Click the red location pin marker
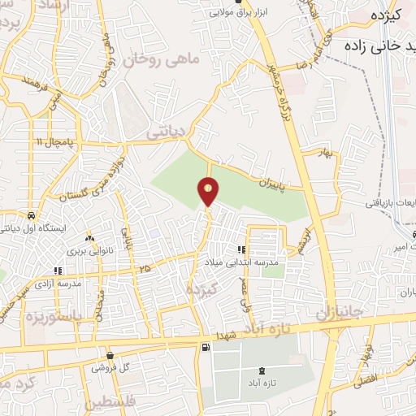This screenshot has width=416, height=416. coord(209,192)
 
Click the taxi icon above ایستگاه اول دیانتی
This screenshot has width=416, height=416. coord(31,217)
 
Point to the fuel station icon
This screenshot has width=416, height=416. coord(205,348)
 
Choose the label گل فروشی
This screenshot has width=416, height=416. coord(110,368)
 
